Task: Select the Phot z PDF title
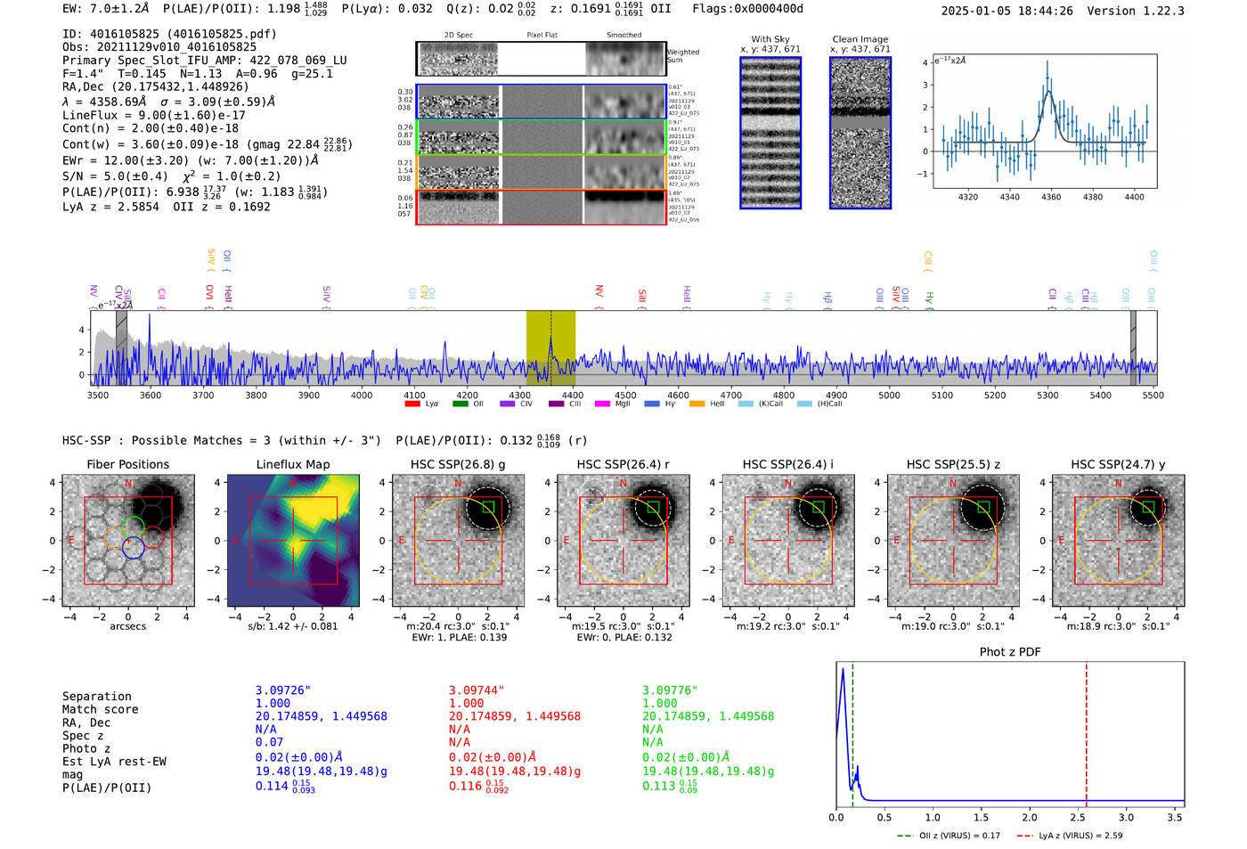coord(1010,651)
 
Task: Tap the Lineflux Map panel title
coord(292,464)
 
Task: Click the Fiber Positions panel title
coord(127,464)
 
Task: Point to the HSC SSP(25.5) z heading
coord(953,464)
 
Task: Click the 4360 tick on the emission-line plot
coord(1051,197)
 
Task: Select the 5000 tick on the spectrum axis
coord(889,396)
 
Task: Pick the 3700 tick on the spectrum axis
coord(203,396)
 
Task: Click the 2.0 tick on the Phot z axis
coord(1030,817)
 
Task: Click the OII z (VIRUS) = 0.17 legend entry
coord(949,836)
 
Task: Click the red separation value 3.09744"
coord(477,690)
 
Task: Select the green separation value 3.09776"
coord(670,690)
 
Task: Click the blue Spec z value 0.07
coord(269,742)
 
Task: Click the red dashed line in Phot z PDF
coord(1087,731)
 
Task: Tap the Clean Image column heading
coord(860,39)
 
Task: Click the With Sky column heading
coord(770,39)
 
